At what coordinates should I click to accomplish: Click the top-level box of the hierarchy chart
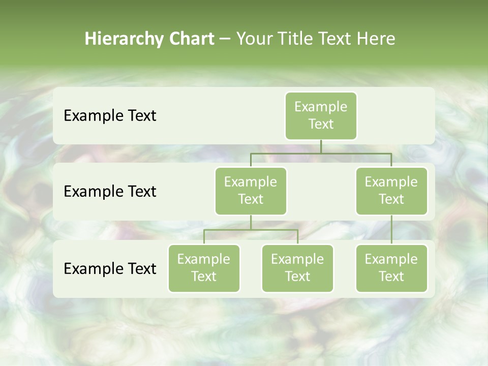point(321,115)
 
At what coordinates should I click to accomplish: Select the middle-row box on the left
point(251,191)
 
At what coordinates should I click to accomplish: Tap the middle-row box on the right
point(391,191)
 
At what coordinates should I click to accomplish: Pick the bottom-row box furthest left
point(204,268)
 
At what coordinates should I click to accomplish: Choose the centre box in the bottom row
point(297,268)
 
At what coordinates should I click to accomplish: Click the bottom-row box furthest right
point(391,268)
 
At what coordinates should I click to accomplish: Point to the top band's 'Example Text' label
point(110,116)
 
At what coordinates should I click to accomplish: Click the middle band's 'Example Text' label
point(110,192)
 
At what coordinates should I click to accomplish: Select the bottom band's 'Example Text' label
point(110,269)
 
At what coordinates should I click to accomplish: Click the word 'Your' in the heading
point(255,39)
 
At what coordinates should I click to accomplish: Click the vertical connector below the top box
point(321,146)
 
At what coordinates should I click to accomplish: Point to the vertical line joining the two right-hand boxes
point(391,230)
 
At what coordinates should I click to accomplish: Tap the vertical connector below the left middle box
point(251,222)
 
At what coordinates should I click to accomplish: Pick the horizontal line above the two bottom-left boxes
point(251,230)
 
